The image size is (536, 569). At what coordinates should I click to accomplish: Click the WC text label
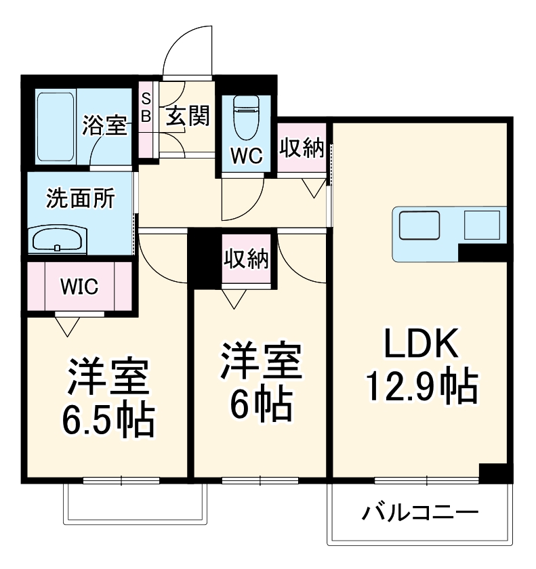click(x=246, y=156)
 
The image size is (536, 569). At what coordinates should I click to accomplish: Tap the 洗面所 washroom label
click(x=79, y=200)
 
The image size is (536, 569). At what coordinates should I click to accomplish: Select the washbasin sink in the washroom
click(x=57, y=239)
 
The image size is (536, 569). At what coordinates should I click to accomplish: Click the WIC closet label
click(x=79, y=287)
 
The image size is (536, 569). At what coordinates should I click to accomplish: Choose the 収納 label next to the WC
click(x=302, y=149)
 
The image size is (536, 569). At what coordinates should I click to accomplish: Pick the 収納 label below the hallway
click(x=247, y=259)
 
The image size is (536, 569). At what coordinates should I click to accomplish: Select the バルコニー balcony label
click(x=419, y=511)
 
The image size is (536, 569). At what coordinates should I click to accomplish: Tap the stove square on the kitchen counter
click(x=482, y=225)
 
